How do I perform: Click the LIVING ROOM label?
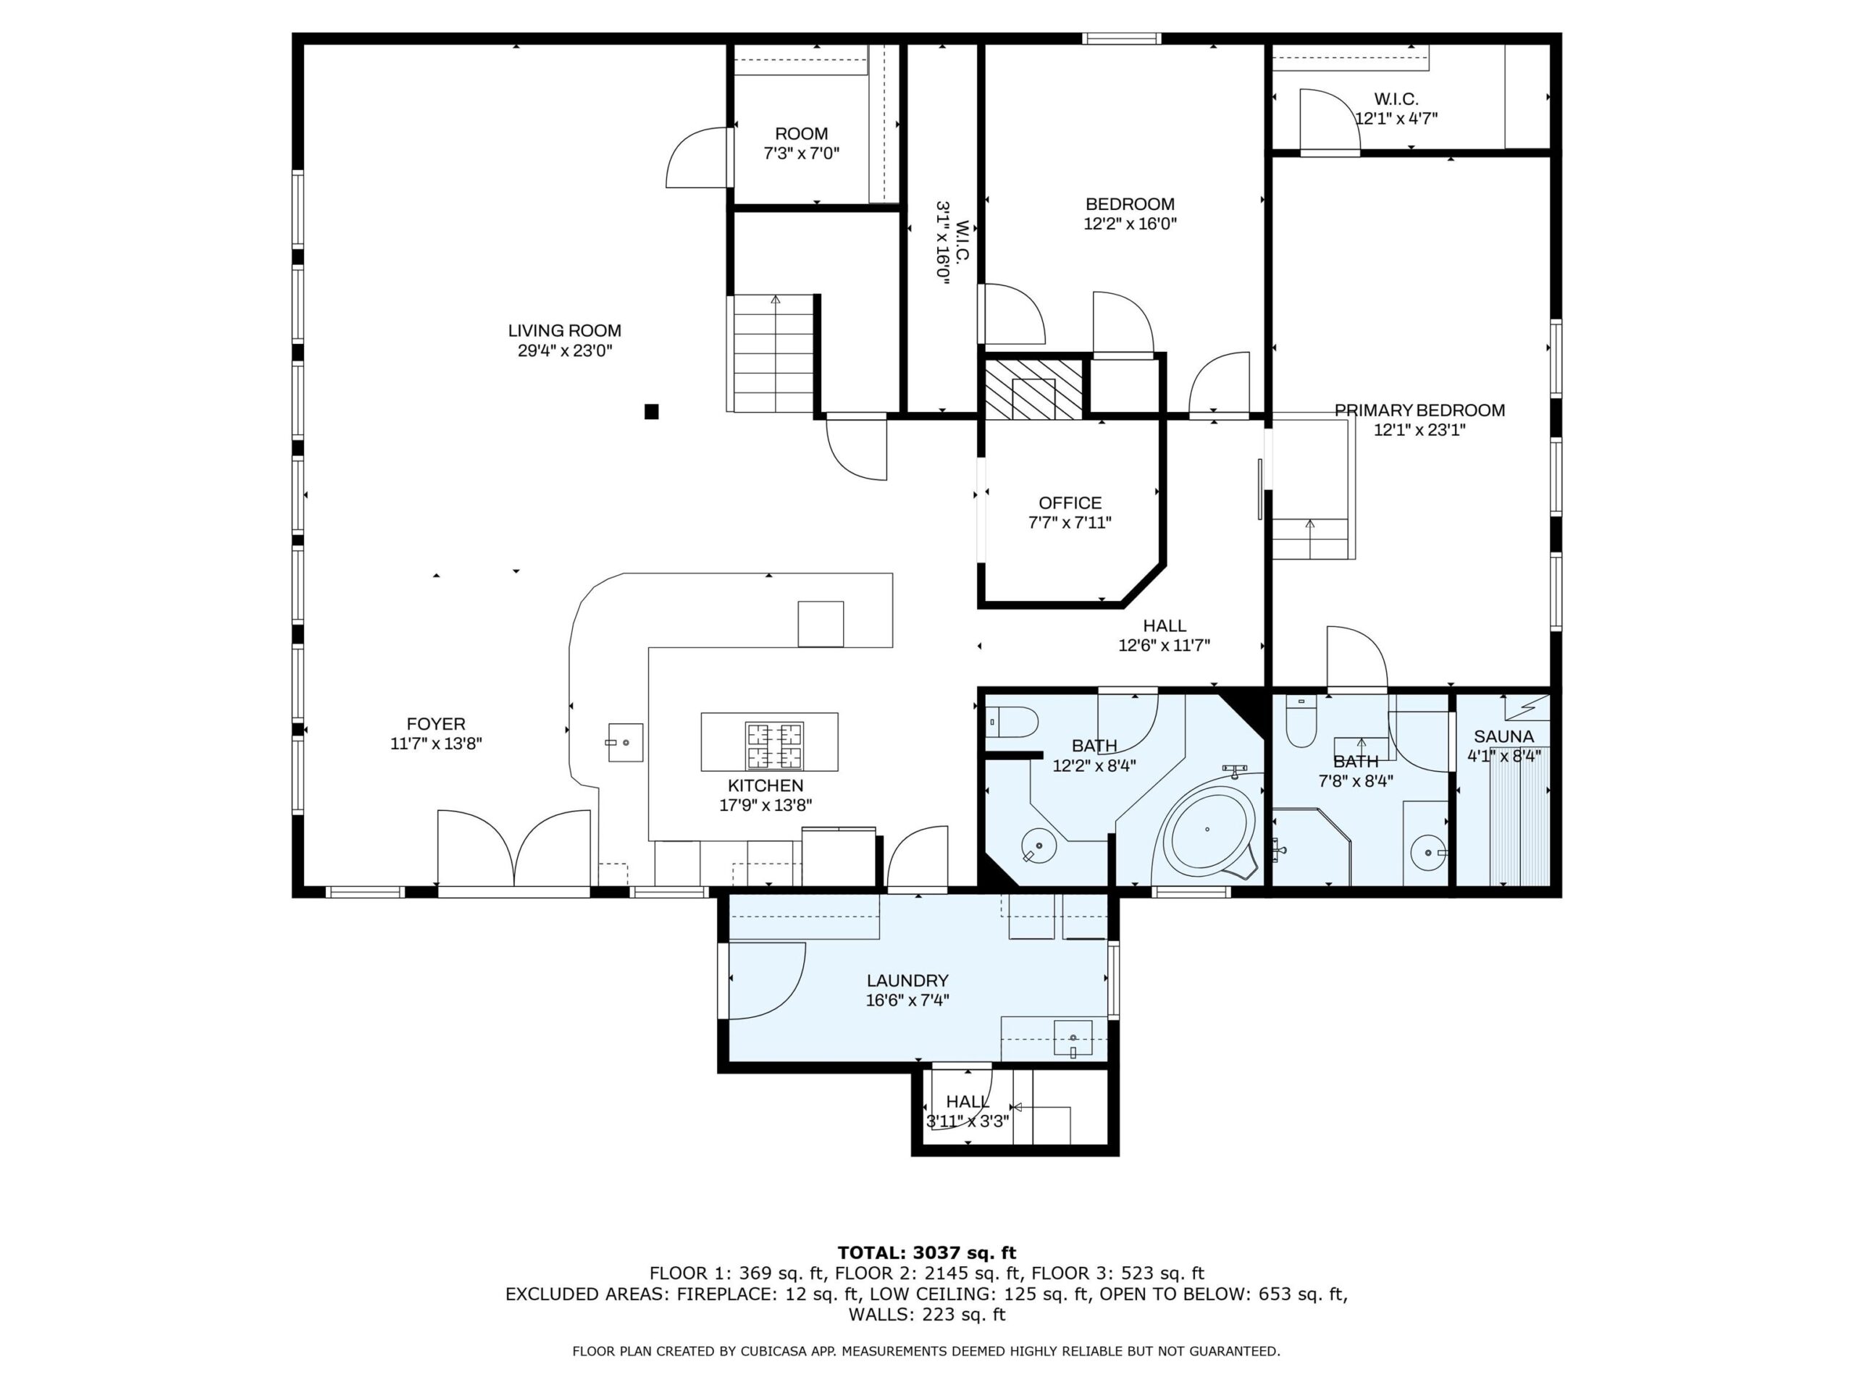[564, 331]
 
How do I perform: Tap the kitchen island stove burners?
[774, 746]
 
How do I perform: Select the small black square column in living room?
[651, 411]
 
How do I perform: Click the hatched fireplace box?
[1033, 389]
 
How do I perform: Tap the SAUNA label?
[1504, 736]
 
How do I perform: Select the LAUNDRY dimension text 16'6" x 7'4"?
[907, 1001]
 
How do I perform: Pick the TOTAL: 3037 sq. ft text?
[927, 1253]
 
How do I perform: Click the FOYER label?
[436, 724]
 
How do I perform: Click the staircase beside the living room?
[774, 353]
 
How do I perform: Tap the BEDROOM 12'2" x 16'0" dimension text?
[1131, 224]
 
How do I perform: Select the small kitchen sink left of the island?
[625, 742]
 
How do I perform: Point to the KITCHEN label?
[765, 786]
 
